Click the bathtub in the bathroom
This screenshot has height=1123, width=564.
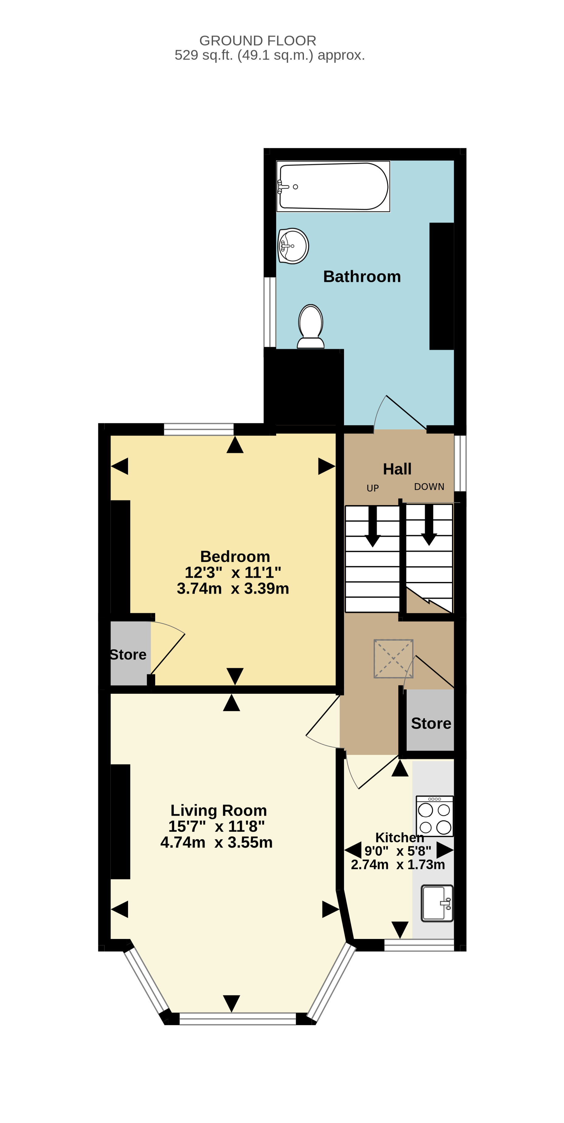coord(333,186)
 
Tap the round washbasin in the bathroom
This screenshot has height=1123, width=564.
coord(293,246)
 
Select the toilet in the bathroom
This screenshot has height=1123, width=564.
coord(310,326)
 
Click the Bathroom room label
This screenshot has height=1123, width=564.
coord(362,276)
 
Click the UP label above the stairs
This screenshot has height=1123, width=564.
coord(373,488)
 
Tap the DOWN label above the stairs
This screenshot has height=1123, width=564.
coord(429,487)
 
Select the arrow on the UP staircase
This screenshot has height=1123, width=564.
coord(373,526)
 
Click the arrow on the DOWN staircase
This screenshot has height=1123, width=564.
coord(429,525)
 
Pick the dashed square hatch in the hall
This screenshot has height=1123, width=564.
coord(393,658)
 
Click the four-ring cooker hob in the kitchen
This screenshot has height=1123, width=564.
coord(434,816)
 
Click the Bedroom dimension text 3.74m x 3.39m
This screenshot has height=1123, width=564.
coord(233,588)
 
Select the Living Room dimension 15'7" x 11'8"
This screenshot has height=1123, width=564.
coord(217,826)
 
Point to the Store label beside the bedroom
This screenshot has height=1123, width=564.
coord(128,654)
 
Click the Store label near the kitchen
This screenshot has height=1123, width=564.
coord(431,723)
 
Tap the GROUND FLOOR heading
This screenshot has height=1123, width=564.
coord(258,40)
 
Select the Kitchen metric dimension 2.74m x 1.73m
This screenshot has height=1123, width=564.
coord(398,864)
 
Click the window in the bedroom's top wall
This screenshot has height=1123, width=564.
coord(199,429)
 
